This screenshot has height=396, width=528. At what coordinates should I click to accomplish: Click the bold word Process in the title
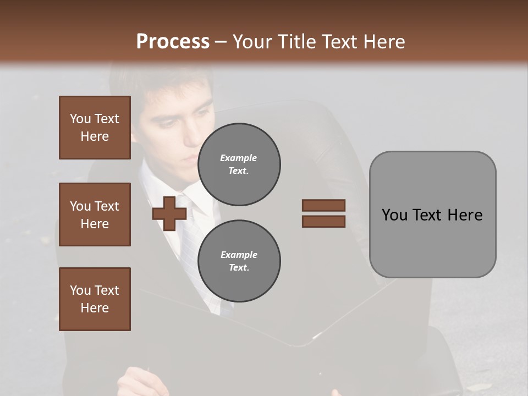[x=173, y=41]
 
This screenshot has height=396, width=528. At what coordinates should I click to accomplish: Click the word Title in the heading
[x=298, y=41]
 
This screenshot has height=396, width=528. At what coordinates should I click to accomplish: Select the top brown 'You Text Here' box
[x=95, y=128]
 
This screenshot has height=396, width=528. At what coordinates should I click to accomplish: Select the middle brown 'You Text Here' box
[x=95, y=215]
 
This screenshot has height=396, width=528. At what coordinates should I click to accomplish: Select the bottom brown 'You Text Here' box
[x=95, y=299]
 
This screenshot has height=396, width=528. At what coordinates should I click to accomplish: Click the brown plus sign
[x=169, y=214]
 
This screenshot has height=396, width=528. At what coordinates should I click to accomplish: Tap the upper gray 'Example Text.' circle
[x=239, y=164]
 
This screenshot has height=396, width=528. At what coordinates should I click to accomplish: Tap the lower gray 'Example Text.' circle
[x=239, y=261]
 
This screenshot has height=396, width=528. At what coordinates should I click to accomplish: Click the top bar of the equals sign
[x=323, y=206]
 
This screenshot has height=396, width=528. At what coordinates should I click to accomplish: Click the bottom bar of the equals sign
[x=323, y=221]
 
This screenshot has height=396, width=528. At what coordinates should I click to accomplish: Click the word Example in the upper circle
[x=238, y=158]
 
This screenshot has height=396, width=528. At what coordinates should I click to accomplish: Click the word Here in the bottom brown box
[x=95, y=308]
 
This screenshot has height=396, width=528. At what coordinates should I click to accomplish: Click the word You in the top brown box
[x=80, y=119]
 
